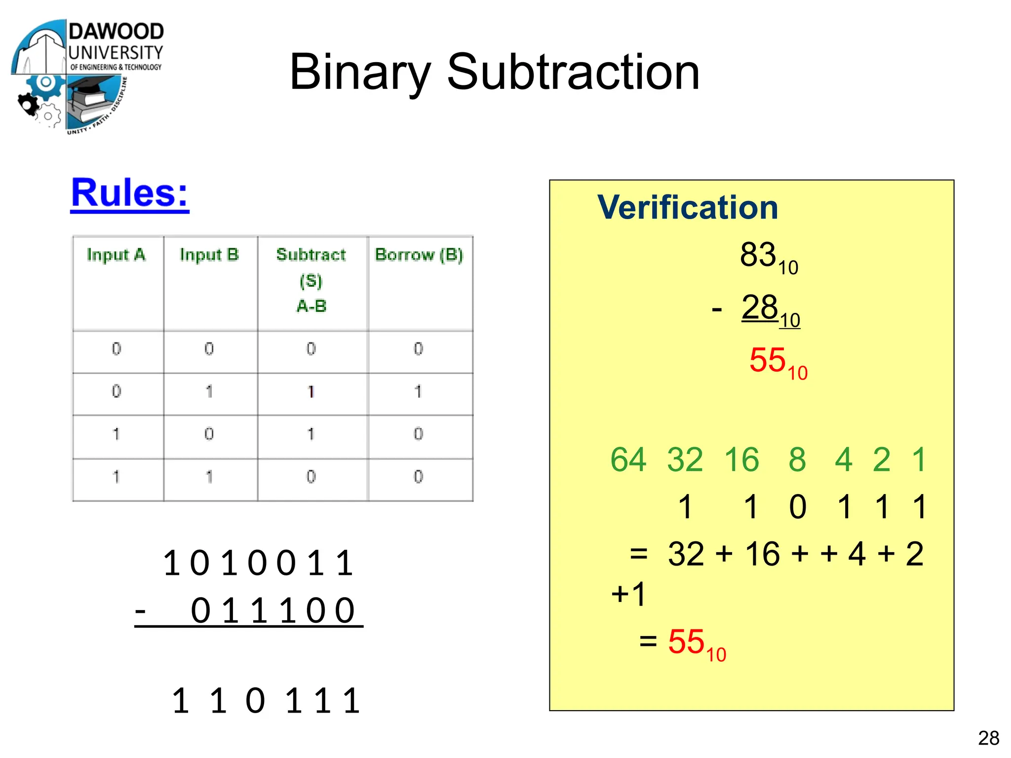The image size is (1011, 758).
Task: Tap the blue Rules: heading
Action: (x=129, y=193)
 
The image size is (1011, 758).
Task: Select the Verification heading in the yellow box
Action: (x=687, y=207)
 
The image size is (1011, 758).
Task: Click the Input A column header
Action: (x=117, y=255)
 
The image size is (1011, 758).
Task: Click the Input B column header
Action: (x=209, y=255)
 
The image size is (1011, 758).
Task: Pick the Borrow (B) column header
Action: (x=419, y=255)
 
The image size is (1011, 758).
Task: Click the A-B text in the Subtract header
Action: (x=311, y=306)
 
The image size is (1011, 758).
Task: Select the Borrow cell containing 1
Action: (x=418, y=392)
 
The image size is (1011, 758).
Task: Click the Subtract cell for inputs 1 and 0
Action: (x=311, y=434)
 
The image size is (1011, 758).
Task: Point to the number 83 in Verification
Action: (x=758, y=255)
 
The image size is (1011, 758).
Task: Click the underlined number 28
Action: (x=760, y=307)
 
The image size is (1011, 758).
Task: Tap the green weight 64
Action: (x=628, y=459)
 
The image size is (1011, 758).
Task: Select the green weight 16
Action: (x=741, y=459)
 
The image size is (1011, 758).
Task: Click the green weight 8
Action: (x=797, y=459)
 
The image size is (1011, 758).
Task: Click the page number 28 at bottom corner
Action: (x=988, y=738)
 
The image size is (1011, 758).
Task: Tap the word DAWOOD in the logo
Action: (x=116, y=32)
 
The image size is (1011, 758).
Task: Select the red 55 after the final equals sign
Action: (x=686, y=642)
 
